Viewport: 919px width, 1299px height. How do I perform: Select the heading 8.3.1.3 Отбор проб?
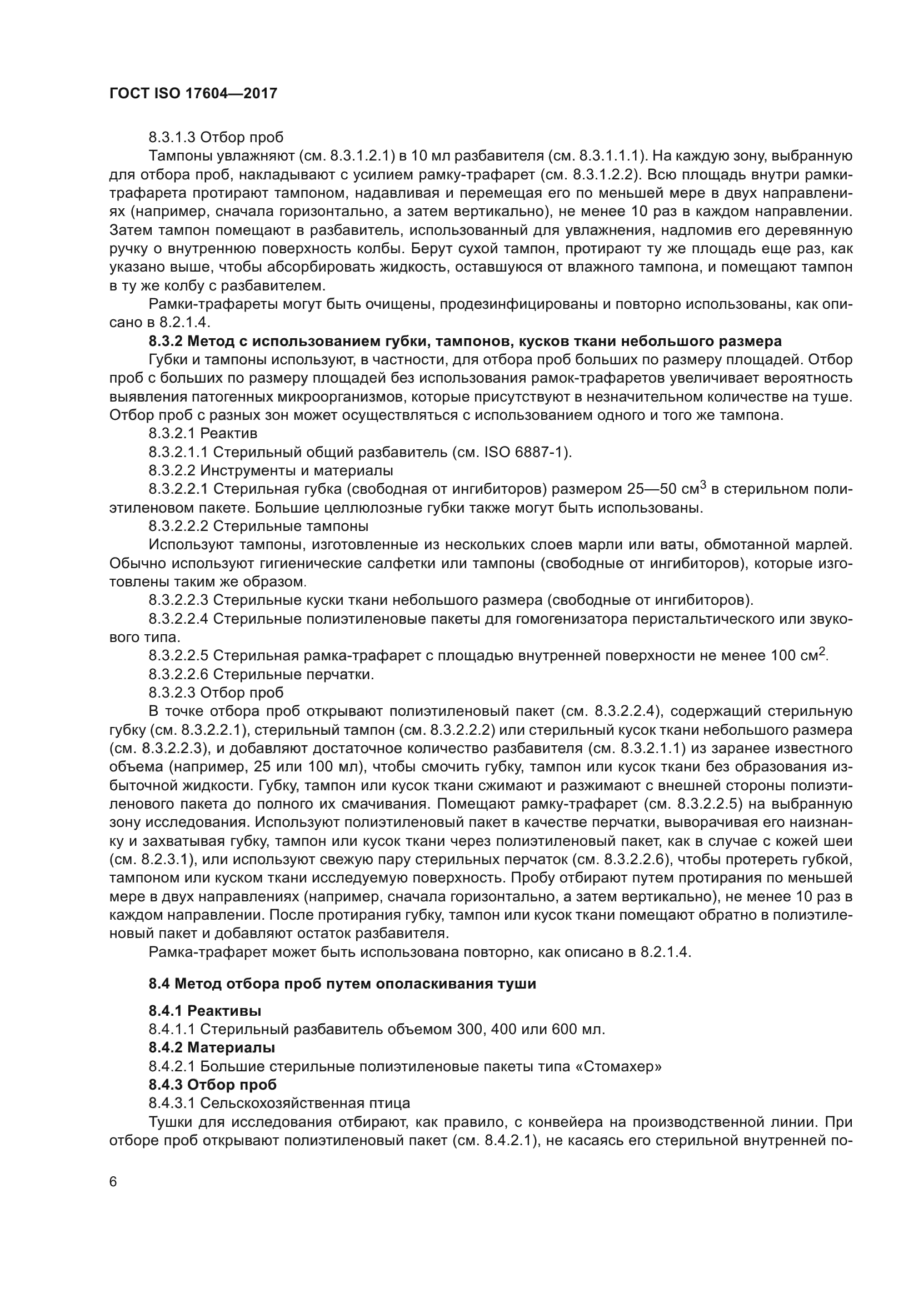click(x=216, y=138)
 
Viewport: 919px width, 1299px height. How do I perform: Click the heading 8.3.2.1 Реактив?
click(x=203, y=433)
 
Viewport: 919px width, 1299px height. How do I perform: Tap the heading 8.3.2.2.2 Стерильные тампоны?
click(x=258, y=526)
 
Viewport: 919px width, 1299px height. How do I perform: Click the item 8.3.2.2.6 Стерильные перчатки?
click(x=261, y=674)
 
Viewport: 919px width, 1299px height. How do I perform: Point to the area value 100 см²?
click(x=798, y=656)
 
